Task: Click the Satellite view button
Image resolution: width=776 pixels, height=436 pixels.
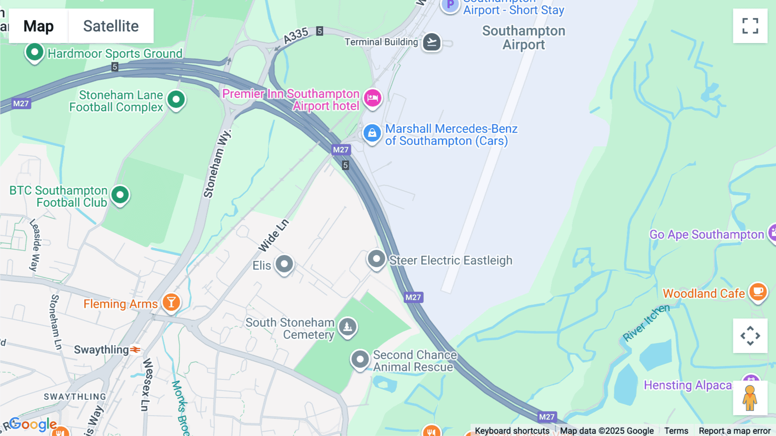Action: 111,26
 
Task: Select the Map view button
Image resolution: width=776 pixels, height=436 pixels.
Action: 38,26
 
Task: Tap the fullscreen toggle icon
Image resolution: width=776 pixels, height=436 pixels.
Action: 750,26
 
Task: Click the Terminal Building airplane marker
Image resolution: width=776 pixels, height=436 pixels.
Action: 432,42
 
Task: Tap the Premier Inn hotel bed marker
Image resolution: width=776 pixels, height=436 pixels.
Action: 372,98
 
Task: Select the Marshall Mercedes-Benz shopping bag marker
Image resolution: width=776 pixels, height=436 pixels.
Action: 372,133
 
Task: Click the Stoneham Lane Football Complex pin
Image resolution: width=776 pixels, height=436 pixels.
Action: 176,100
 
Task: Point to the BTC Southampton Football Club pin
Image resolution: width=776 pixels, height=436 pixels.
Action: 120,195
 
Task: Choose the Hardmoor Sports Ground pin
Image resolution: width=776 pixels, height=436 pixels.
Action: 34,53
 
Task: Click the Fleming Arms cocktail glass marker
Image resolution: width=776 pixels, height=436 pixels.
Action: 171,302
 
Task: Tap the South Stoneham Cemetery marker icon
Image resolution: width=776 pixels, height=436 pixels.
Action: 347,327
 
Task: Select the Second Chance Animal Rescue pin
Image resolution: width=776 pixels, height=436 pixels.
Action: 360,359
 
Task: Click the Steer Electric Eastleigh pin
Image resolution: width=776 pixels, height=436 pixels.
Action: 376,259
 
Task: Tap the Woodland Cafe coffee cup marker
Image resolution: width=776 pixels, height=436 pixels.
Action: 758,292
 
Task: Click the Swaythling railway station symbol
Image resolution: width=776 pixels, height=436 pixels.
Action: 135,350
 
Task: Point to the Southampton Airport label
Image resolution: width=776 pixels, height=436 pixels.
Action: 523,38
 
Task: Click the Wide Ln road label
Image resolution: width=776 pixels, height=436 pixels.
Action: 273,236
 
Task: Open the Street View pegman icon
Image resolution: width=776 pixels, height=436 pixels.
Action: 750,398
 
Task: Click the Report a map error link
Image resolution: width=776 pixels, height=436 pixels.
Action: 735,431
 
